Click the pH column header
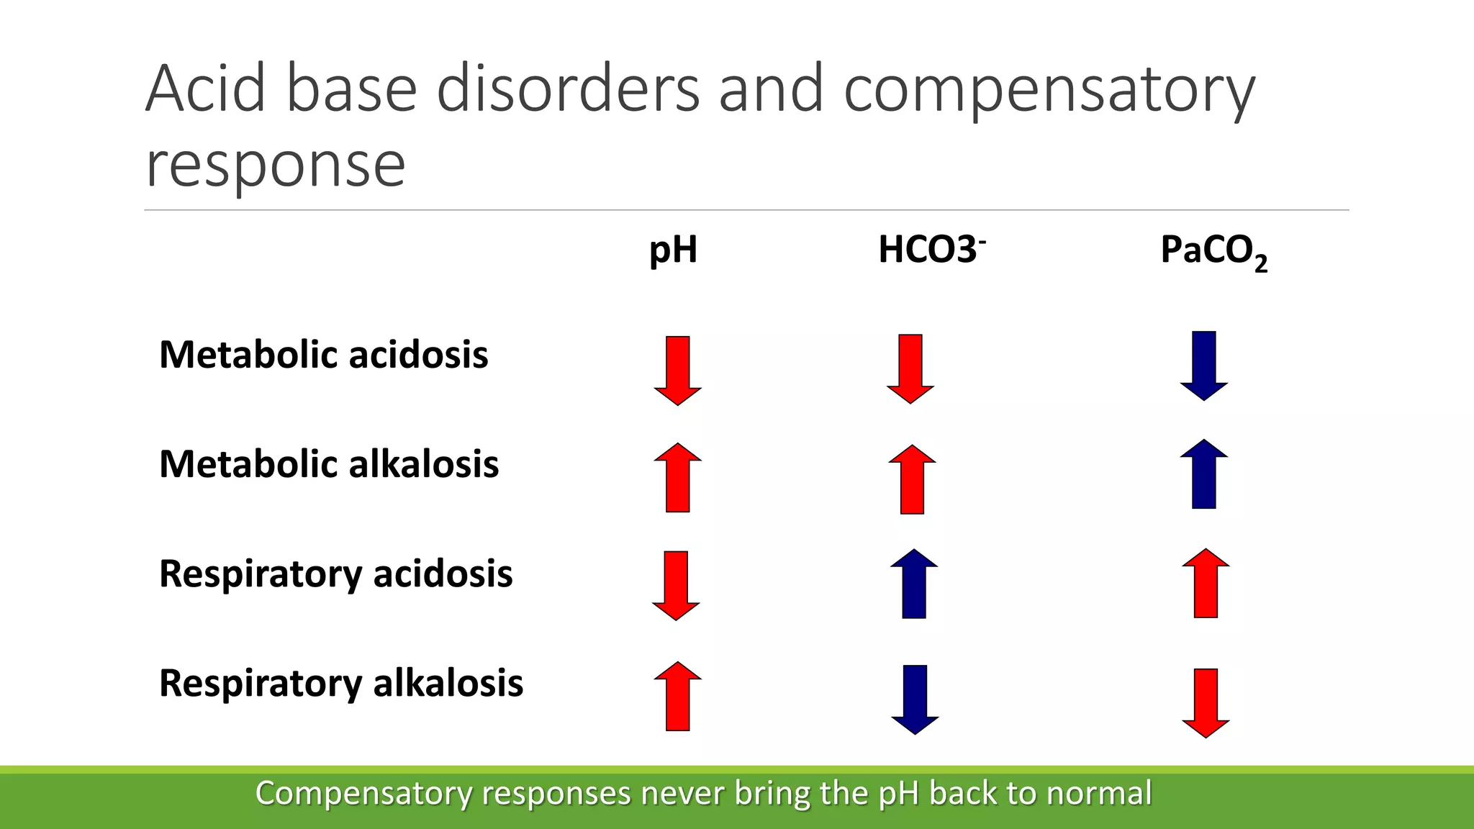[673, 250]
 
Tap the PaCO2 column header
[1213, 252]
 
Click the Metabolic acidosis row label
[323, 355]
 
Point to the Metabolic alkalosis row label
[329, 464]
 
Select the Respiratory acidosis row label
[335, 574]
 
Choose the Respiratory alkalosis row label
[340, 684]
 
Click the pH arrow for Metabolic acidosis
[677, 370]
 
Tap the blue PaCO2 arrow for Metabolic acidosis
[1203, 365]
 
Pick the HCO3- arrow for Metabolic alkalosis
[912, 479]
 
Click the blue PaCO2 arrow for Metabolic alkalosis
[1203, 474]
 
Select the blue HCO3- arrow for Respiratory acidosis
[914, 584]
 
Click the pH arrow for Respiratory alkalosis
[677, 696]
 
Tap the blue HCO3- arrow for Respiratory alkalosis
[915, 699]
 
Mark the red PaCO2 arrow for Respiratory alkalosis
[1206, 702]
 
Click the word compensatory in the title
[1049, 90]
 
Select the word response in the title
[276, 165]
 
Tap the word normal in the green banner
[1099, 793]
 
